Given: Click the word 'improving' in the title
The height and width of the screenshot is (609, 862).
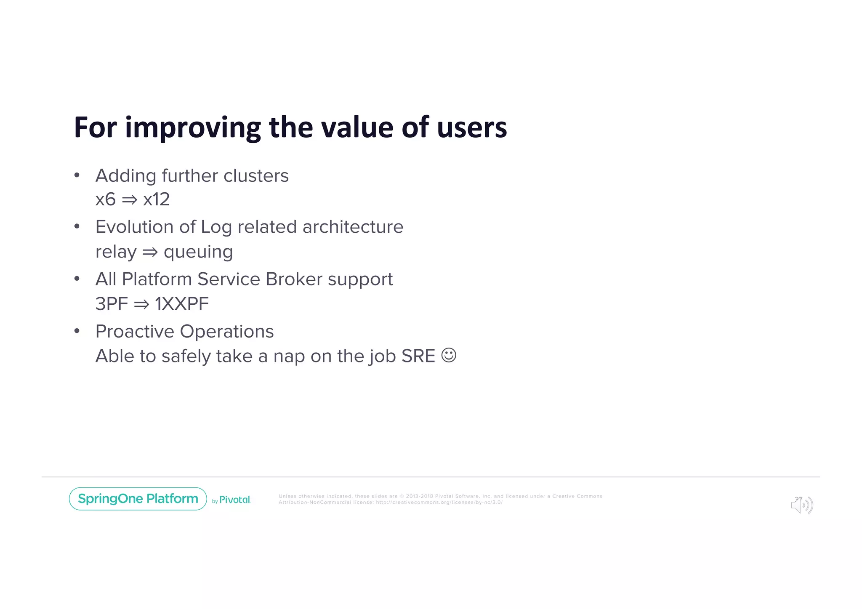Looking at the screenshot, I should click(x=193, y=128).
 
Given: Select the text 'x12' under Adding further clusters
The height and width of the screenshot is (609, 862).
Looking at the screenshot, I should click(x=156, y=199).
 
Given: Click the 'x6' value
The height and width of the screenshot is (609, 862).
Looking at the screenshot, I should click(x=105, y=199).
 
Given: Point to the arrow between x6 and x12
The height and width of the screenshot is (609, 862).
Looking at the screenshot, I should click(x=129, y=200).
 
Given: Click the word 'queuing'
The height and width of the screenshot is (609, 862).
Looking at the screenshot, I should click(x=198, y=253).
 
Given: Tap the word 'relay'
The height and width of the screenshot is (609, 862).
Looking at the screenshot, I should click(x=116, y=253).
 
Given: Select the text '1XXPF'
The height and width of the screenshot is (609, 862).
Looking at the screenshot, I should click(x=181, y=304).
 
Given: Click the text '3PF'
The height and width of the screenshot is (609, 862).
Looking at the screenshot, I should click(x=111, y=304).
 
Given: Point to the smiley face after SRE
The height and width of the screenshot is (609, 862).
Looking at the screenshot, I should click(x=449, y=355).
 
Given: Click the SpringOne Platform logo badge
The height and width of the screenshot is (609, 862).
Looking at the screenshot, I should click(x=138, y=499).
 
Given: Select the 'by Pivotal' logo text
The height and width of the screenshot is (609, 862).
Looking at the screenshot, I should click(x=231, y=500).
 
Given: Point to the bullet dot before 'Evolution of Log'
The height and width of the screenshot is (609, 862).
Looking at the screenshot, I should click(x=77, y=227).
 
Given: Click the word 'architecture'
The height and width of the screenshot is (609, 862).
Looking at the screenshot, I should click(x=353, y=227).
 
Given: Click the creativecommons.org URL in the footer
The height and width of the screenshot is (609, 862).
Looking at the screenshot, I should click(x=439, y=503).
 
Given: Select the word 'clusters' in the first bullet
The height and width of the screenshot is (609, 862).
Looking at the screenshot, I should click(x=256, y=176).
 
